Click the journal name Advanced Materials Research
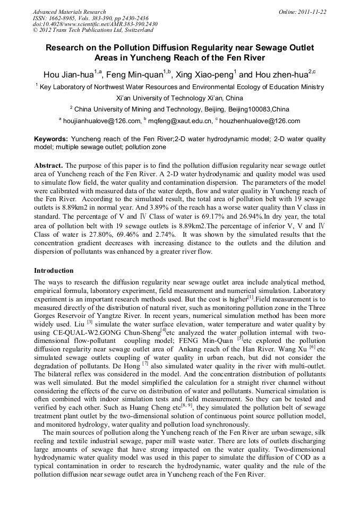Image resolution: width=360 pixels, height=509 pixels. tap(69, 11)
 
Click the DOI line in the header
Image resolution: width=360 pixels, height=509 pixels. tap(95, 24)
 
